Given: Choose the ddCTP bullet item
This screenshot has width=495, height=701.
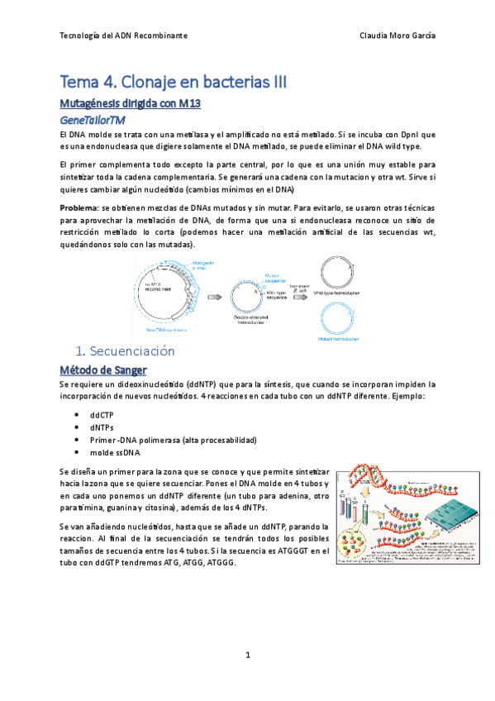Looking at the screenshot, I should (104, 413).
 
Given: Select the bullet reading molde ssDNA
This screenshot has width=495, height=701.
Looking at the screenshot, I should (116, 452).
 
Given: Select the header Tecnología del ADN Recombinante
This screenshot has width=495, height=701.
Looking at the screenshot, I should (125, 36).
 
